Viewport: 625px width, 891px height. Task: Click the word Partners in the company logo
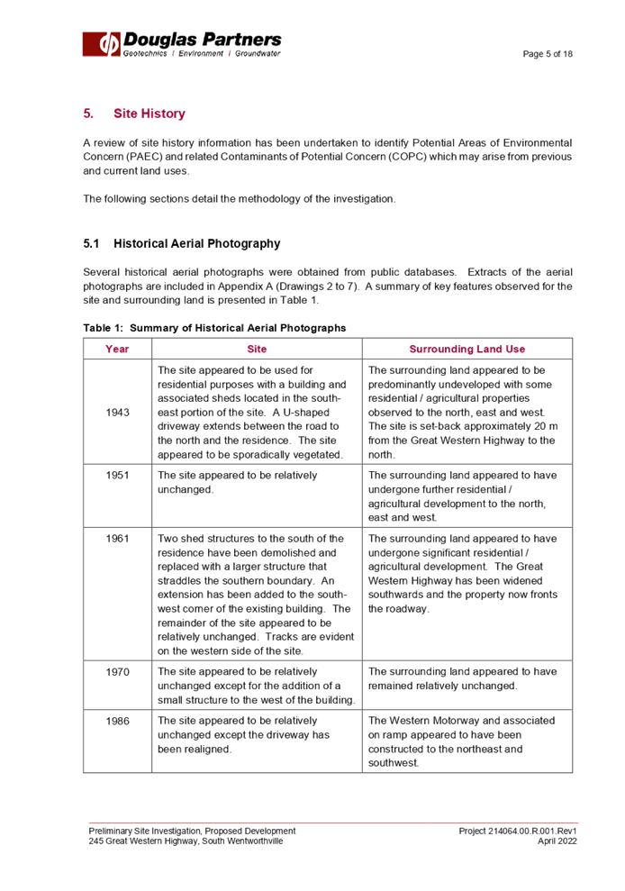click(x=242, y=40)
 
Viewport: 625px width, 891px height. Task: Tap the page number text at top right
click(x=548, y=55)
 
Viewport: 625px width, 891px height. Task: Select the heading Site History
click(x=149, y=114)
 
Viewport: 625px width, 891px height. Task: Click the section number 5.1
click(x=91, y=244)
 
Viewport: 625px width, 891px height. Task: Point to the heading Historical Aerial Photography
click(x=196, y=244)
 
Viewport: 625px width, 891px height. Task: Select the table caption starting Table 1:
click(x=214, y=329)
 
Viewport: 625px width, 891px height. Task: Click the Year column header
click(x=117, y=349)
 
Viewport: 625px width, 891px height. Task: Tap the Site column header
click(x=258, y=349)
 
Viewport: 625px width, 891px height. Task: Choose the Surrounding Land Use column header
click(x=467, y=349)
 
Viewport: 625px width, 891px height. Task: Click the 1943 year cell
click(x=117, y=412)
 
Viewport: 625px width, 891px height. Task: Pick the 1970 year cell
click(x=117, y=672)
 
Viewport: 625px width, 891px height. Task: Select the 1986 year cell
click(x=117, y=721)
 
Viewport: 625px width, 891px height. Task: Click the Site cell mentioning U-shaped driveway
click(x=258, y=412)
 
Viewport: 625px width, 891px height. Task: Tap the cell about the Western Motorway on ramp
click(x=467, y=741)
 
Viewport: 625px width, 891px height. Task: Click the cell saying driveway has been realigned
click(x=258, y=734)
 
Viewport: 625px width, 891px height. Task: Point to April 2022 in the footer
click(x=557, y=841)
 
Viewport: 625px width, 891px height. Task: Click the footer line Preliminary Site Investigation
click(x=192, y=831)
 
